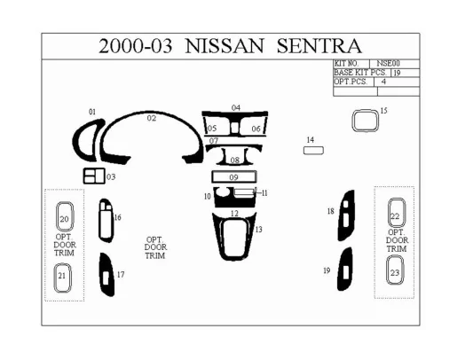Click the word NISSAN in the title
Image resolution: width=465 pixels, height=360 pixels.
pos(226,46)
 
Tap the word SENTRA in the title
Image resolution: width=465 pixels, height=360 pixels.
pos(318,46)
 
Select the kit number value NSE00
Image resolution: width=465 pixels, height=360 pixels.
pos(389,64)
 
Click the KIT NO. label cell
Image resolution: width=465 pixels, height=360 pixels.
pos(347,64)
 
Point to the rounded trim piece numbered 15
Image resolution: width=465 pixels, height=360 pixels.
pos(364,120)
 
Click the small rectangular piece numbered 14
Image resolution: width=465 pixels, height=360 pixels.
pos(313,152)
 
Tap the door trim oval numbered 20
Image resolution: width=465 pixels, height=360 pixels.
pos(64,217)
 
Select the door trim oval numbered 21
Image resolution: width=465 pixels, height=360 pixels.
pos(63,276)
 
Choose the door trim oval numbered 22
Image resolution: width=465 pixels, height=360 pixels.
pos(395,215)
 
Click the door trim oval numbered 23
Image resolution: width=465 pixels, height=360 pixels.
pos(395,273)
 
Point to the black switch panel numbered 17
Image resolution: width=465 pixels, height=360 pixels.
pos(106,275)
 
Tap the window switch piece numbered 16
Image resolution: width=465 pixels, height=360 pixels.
pos(106,219)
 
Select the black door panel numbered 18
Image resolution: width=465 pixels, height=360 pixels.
pos(346,215)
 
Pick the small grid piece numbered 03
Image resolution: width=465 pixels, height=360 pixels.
pos(94,176)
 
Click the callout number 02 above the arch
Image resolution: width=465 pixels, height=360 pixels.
pos(152,118)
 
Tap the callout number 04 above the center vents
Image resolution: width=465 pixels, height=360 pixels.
pos(236,107)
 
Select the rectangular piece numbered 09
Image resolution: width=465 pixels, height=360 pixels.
pos(235,178)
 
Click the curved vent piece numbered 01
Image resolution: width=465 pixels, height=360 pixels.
pos(90,136)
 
